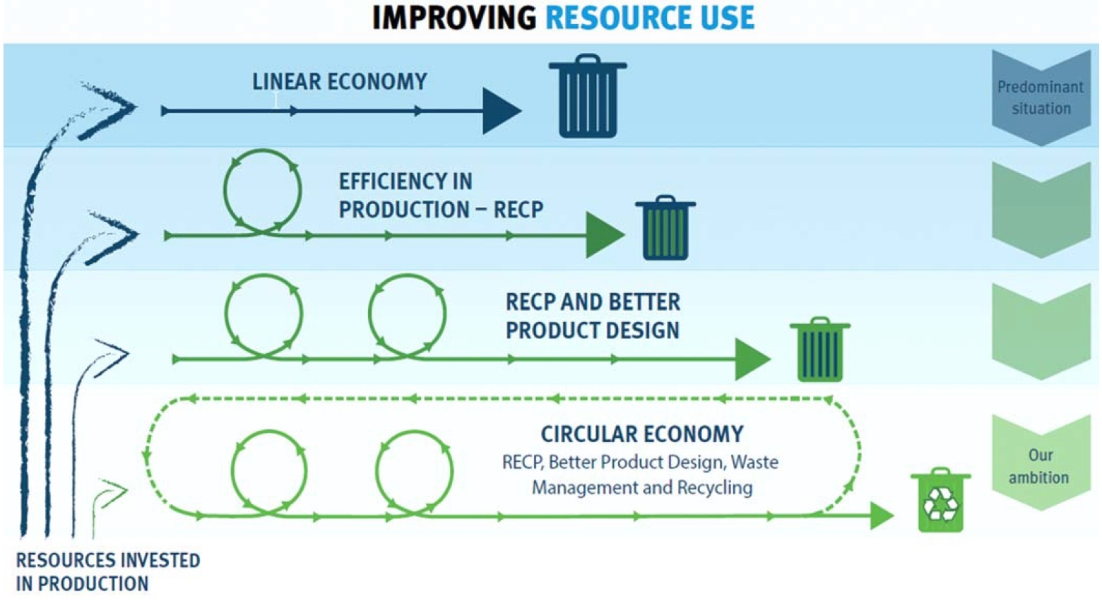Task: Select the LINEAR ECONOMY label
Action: click(339, 82)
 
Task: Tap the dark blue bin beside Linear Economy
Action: click(588, 97)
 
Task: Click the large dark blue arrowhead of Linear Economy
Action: click(501, 111)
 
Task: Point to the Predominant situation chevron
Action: click(1041, 97)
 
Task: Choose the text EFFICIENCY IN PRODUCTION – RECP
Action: click(440, 196)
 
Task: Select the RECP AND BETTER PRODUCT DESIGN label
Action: click(593, 316)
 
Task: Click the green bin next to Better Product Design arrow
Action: click(819, 350)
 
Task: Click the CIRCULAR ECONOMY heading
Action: click(641, 434)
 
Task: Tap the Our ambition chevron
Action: click(1039, 465)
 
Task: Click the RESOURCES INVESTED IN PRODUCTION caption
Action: click(107, 572)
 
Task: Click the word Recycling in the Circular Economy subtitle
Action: click(714, 488)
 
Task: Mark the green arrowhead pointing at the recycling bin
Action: click(882, 516)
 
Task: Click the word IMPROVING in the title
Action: click(454, 18)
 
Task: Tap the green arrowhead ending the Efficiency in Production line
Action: click(603, 235)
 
